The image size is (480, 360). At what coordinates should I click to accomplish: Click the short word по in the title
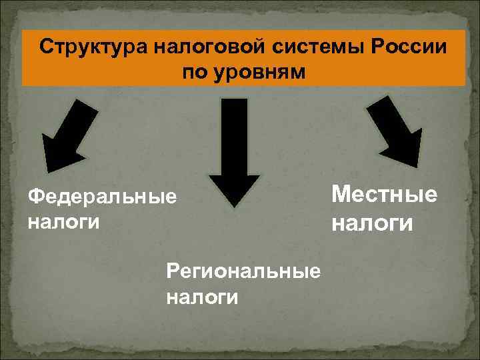point(195,71)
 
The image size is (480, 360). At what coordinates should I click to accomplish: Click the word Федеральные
point(103,197)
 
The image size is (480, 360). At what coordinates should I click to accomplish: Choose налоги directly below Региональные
point(202,295)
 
